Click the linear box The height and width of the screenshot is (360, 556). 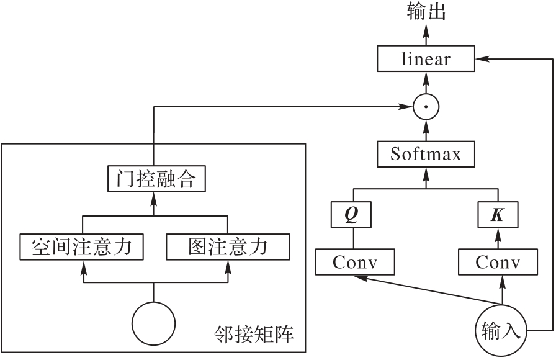426,60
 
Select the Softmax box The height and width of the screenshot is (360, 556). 426,154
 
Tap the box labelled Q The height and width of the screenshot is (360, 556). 352,214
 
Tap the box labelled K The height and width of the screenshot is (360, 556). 498,214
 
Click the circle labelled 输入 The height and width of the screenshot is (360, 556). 501,331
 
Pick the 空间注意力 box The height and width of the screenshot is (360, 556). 82,247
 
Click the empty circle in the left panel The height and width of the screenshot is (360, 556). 154,323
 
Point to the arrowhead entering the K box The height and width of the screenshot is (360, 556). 498,231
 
